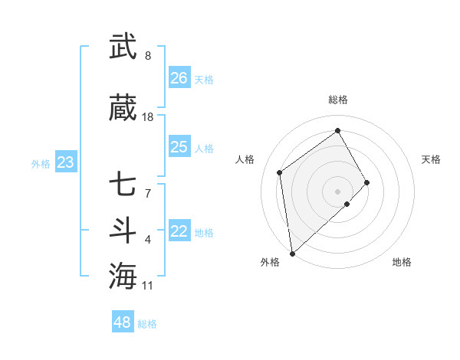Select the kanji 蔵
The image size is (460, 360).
coord(123,108)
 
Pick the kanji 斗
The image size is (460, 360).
coord(123,230)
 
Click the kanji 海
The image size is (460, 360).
coord(123,275)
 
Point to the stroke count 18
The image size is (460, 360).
coord(148,117)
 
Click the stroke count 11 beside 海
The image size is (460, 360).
coord(148,286)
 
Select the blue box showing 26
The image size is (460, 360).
coord(179,78)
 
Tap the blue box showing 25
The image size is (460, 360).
coord(179,147)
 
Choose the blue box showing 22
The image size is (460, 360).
coord(179,232)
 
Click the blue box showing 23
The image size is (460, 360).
coord(65,162)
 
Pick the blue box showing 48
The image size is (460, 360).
coord(122,322)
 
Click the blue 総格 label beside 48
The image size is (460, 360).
coord(147,324)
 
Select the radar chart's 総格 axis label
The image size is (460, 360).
coord(337,100)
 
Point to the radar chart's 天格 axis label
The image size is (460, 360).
coord(431,159)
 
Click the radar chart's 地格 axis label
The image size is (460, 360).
coord(402,262)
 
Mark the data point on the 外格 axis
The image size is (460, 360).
coord(291,253)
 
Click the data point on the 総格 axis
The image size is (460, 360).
coord(337,131)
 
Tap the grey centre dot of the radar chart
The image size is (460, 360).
coord(337,191)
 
